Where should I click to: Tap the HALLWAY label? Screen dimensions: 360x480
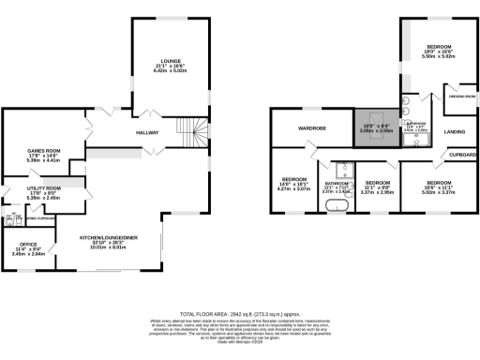(x=147, y=132)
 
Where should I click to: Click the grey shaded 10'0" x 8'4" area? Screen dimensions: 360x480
(x=367, y=128)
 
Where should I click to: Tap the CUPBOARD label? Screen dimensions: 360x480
(x=460, y=154)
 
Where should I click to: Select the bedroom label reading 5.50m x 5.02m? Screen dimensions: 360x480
(x=440, y=51)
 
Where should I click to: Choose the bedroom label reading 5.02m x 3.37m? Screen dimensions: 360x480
(x=441, y=185)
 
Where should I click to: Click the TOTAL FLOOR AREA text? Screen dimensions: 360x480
(x=239, y=314)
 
